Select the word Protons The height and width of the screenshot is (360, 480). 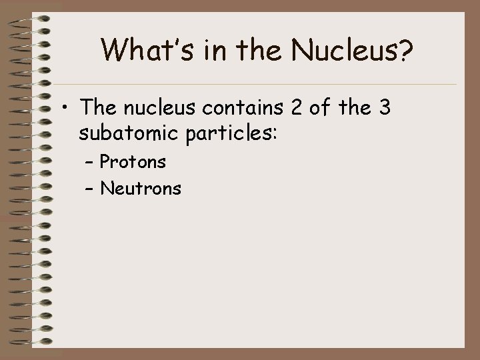coord(133,161)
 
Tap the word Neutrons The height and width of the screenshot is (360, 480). coord(140,189)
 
